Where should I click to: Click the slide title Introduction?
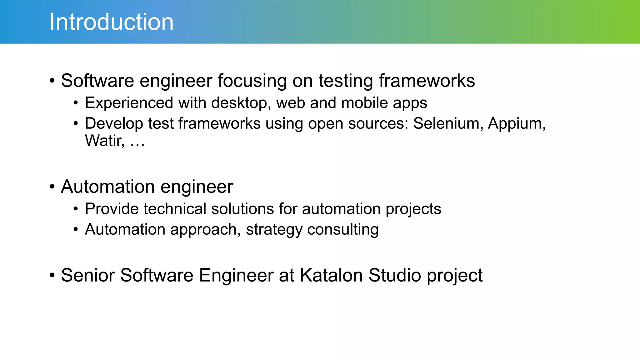point(111,22)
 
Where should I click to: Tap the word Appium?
point(516,123)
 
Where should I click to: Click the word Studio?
point(395,275)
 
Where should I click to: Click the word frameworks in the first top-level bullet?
point(427,81)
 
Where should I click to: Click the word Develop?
point(114,124)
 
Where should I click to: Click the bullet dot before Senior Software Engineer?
point(52,276)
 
